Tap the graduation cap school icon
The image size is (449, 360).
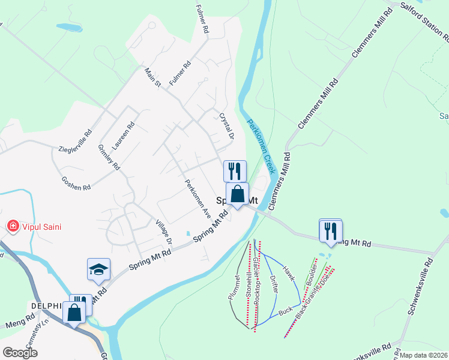[x=98, y=270]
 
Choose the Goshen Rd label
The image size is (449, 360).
[x=76, y=182]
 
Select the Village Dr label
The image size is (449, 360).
[x=164, y=231]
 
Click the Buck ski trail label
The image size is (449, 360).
[x=285, y=313]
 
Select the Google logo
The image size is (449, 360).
[x=20, y=352]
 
